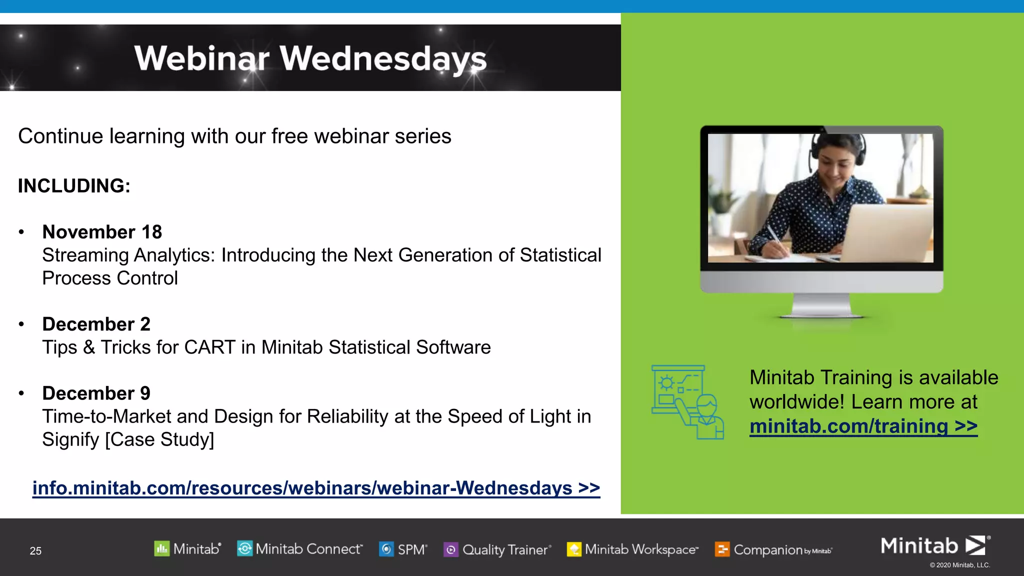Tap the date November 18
[x=102, y=232]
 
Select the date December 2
[x=96, y=324]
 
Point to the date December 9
[x=96, y=393]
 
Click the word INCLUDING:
[x=74, y=186]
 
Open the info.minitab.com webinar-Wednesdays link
[x=316, y=488]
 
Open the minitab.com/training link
[x=863, y=426]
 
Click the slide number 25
[x=35, y=551]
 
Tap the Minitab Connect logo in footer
[x=299, y=549]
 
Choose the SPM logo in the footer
[x=403, y=549]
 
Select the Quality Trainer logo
[x=497, y=550]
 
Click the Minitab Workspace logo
[x=632, y=549]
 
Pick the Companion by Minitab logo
[x=773, y=550]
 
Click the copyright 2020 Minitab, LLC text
[x=959, y=565]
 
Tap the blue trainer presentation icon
[x=687, y=402]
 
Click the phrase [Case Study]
[x=159, y=439]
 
